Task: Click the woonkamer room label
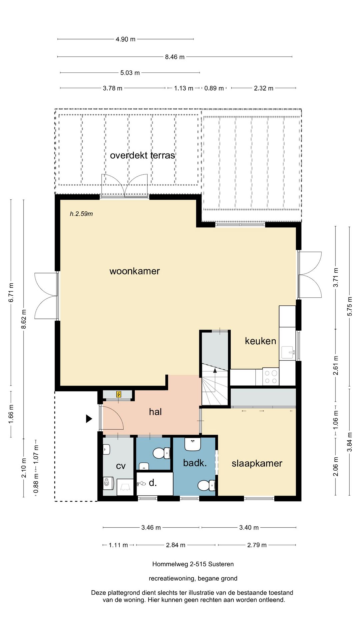click(135, 271)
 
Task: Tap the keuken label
click(260, 341)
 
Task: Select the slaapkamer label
click(257, 463)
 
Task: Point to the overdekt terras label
click(142, 155)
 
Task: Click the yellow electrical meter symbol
click(119, 395)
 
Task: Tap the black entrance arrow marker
click(89, 419)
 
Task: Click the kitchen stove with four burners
click(271, 377)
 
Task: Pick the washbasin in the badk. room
click(193, 444)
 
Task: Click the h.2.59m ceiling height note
click(81, 214)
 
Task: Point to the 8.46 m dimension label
click(175, 57)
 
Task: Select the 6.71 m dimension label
click(11, 293)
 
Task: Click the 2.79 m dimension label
click(257, 545)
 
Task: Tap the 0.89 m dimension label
click(214, 88)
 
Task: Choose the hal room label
click(155, 412)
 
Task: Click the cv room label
click(121, 466)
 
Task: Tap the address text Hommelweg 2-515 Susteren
click(193, 564)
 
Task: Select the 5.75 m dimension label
click(350, 306)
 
